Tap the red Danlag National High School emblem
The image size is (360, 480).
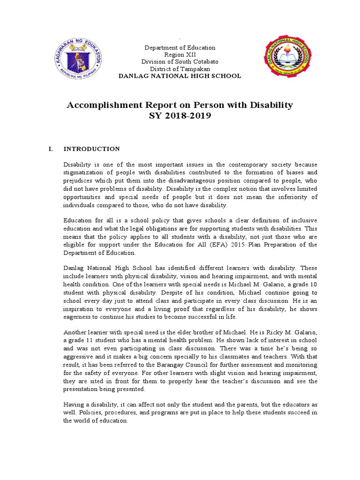pyautogui.click(x=287, y=60)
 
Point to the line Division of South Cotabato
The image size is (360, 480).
pyautogui.click(x=180, y=62)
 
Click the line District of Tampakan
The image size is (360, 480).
pyautogui.click(x=180, y=69)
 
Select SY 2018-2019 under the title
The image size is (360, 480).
pyautogui.click(x=180, y=116)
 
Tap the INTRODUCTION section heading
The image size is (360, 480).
pyautogui.click(x=92, y=149)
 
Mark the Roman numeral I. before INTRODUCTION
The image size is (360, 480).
pyautogui.click(x=51, y=149)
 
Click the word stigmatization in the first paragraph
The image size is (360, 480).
pyautogui.click(x=84, y=172)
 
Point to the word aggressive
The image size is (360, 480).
pyautogui.click(x=79, y=356)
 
